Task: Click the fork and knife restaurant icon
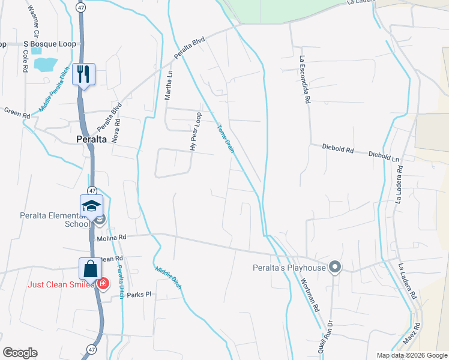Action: pyautogui.click(x=83, y=74)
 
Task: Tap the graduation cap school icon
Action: pyautogui.click(x=91, y=206)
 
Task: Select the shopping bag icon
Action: pyautogui.click(x=90, y=269)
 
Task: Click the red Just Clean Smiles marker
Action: pyautogui.click(x=103, y=283)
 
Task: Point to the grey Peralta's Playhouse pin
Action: pyautogui.click(x=335, y=268)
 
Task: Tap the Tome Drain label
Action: pyautogui.click(x=224, y=138)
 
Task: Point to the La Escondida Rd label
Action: pyautogui.click(x=304, y=80)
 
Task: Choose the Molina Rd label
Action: pyautogui.click(x=112, y=238)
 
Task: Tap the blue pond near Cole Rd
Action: pyautogui.click(x=46, y=63)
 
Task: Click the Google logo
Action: pyautogui.click(x=20, y=353)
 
